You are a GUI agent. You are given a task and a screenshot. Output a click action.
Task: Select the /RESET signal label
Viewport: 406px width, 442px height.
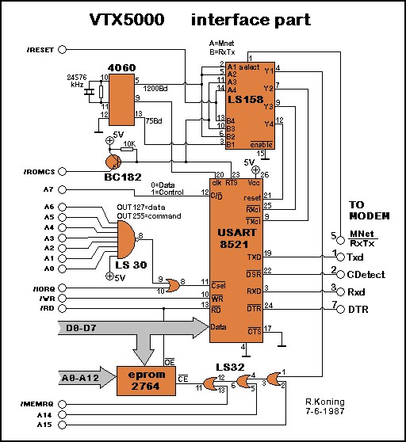click(40, 50)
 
